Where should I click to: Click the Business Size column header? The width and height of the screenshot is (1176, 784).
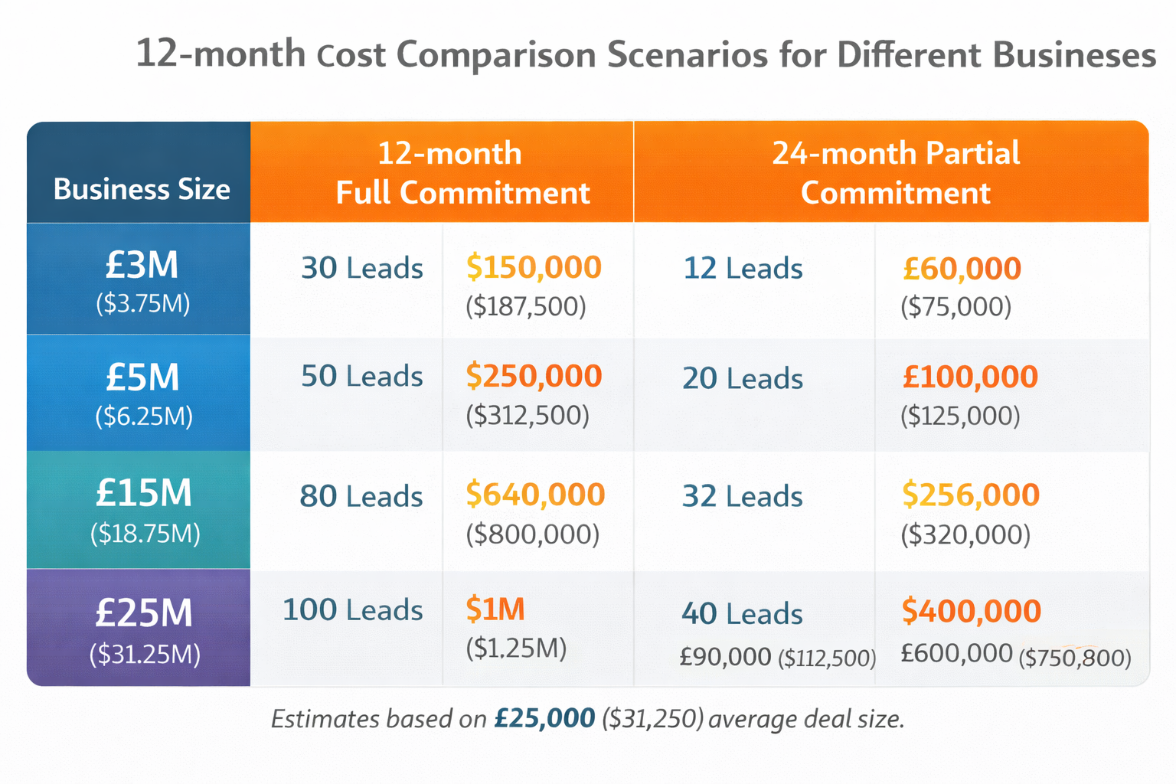[141, 188]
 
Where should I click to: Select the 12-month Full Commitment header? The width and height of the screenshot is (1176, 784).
[462, 173]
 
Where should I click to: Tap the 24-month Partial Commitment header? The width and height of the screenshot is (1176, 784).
[895, 173]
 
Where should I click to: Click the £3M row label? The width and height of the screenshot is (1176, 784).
[142, 266]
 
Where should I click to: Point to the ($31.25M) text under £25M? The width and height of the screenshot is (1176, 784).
[145, 655]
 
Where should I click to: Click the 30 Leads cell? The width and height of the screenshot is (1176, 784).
[361, 268]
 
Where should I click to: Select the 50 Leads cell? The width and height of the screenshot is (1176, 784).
[361, 376]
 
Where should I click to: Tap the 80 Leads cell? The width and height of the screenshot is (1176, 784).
[361, 496]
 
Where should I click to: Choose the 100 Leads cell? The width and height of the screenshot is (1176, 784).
[352, 610]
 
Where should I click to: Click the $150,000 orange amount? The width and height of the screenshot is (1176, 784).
[534, 267]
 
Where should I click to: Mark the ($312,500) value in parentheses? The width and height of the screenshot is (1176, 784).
[528, 416]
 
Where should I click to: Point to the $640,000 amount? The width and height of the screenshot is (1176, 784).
[535, 495]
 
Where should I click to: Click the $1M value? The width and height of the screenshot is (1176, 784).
[495, 609]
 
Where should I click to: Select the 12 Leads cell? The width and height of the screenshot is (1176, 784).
[743, 268]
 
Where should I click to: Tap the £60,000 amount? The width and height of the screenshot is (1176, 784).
[962, 269]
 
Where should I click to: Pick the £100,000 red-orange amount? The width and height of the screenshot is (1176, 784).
[970, 377]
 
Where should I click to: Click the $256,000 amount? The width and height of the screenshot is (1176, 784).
[970, 495]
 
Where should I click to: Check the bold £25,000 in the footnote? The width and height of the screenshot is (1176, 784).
[544, 718]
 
